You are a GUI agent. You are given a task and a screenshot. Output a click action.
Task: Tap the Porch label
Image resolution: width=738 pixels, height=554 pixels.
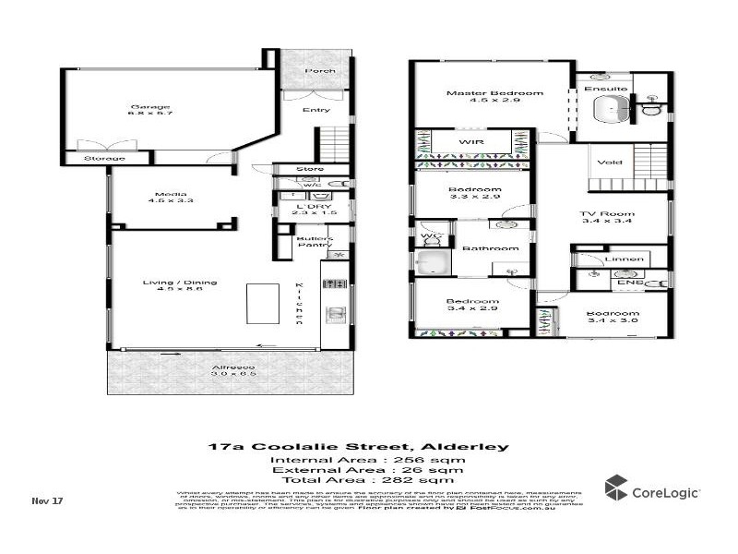pyautogui.click(x=319, y=71)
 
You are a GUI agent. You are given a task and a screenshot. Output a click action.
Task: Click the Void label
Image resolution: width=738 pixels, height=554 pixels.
pyautogui.click(x=609, y=163)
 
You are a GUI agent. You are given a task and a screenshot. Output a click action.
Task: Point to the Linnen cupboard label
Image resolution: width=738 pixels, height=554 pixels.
pyautogui.click(x=626, y=260)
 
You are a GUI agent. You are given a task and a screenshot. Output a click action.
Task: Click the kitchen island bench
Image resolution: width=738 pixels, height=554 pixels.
pyautogui.click(x=259, y=301)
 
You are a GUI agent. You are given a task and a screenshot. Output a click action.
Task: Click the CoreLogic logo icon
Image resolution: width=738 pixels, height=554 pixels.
pyautogui.click(x=616, y=488)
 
